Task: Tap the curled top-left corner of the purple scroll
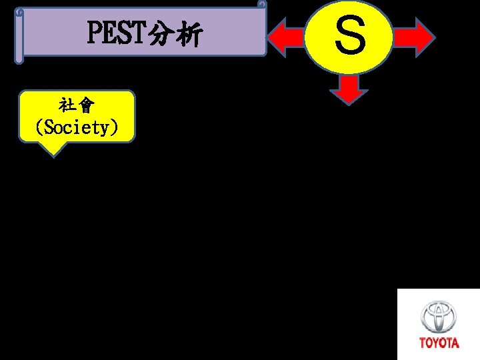20,12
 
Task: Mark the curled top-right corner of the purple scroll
262,6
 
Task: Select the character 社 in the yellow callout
67,107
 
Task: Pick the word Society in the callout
77,127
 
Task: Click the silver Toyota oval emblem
439,317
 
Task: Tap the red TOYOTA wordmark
439,343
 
